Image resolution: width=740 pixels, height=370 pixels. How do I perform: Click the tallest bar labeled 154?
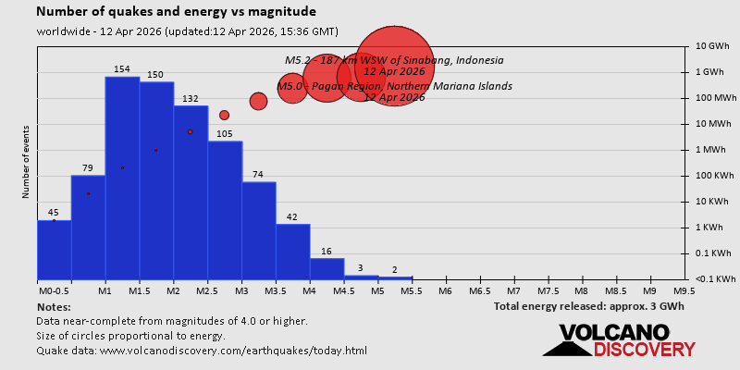pyautogui.click(x=122, y=176)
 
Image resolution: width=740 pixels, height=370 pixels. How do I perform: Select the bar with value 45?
pyautogui.click(x=54, y=249)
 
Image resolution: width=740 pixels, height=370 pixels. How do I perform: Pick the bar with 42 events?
pyautogui.click(x=292, y=251)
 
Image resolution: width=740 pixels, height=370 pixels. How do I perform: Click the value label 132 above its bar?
pyautogui.click(x=190, y=99)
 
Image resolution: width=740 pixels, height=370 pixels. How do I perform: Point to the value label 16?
pyautogui.click(x=327, y=252)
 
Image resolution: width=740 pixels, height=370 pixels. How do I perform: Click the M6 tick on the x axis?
pyautogui.click(x=445, y=290)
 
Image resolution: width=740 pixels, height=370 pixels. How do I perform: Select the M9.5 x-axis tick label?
pyautogui.click(x=684, y=290)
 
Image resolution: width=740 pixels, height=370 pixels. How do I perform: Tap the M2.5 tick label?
pyautogui.click(x=207, y=290)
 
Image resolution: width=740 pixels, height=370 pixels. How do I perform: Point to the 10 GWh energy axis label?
pyautogui.click(x=713, y=46)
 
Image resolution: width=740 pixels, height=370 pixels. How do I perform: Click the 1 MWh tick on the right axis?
pyautogui.click(x=713, y=150)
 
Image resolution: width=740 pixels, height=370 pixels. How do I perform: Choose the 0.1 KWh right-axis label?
pyautogui.click(x=713, y=253)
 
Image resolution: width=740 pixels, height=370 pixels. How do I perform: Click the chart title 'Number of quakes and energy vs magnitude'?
pyautogui.click(x=176, y=12)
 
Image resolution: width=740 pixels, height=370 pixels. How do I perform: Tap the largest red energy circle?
pyautogui.click(x=395, y=67)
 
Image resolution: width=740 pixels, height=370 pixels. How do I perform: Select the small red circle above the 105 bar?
pyautogui.click(x=224, y=115)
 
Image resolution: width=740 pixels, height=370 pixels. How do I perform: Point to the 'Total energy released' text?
pyautogui.click(x=587, y=306)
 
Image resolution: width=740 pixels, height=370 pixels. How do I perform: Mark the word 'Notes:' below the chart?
pyautogui.click(x=54, y=306)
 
